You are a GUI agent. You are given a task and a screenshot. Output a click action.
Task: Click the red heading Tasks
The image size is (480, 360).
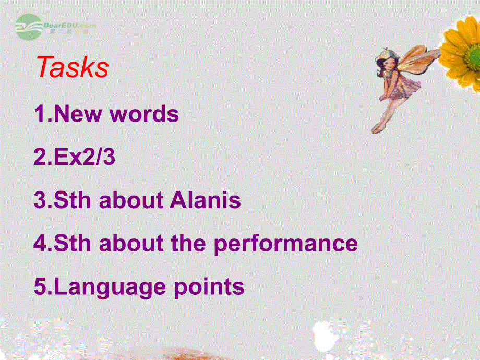click(73, 68)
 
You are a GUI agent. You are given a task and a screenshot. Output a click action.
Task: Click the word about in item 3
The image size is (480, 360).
click(131, 200)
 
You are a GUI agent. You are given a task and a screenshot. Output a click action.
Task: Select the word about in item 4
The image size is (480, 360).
click(131, 244)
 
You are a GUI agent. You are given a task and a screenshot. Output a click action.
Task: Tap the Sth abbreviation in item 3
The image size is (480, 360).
click(74, 200)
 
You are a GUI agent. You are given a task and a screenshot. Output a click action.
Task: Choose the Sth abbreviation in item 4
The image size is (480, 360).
click(74, 244)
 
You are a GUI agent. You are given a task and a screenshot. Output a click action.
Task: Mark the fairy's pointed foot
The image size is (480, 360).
click(375, 128)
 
